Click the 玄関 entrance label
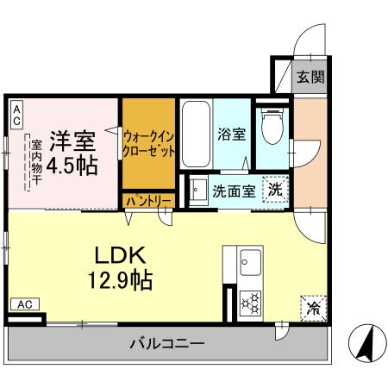coord(311,77)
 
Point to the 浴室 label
coord(231,135)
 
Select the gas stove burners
coord(253,303)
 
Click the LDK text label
coord(122,256)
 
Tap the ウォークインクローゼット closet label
coord(148,143)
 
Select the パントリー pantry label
coord(148,200)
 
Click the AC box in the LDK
coord(24,304)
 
